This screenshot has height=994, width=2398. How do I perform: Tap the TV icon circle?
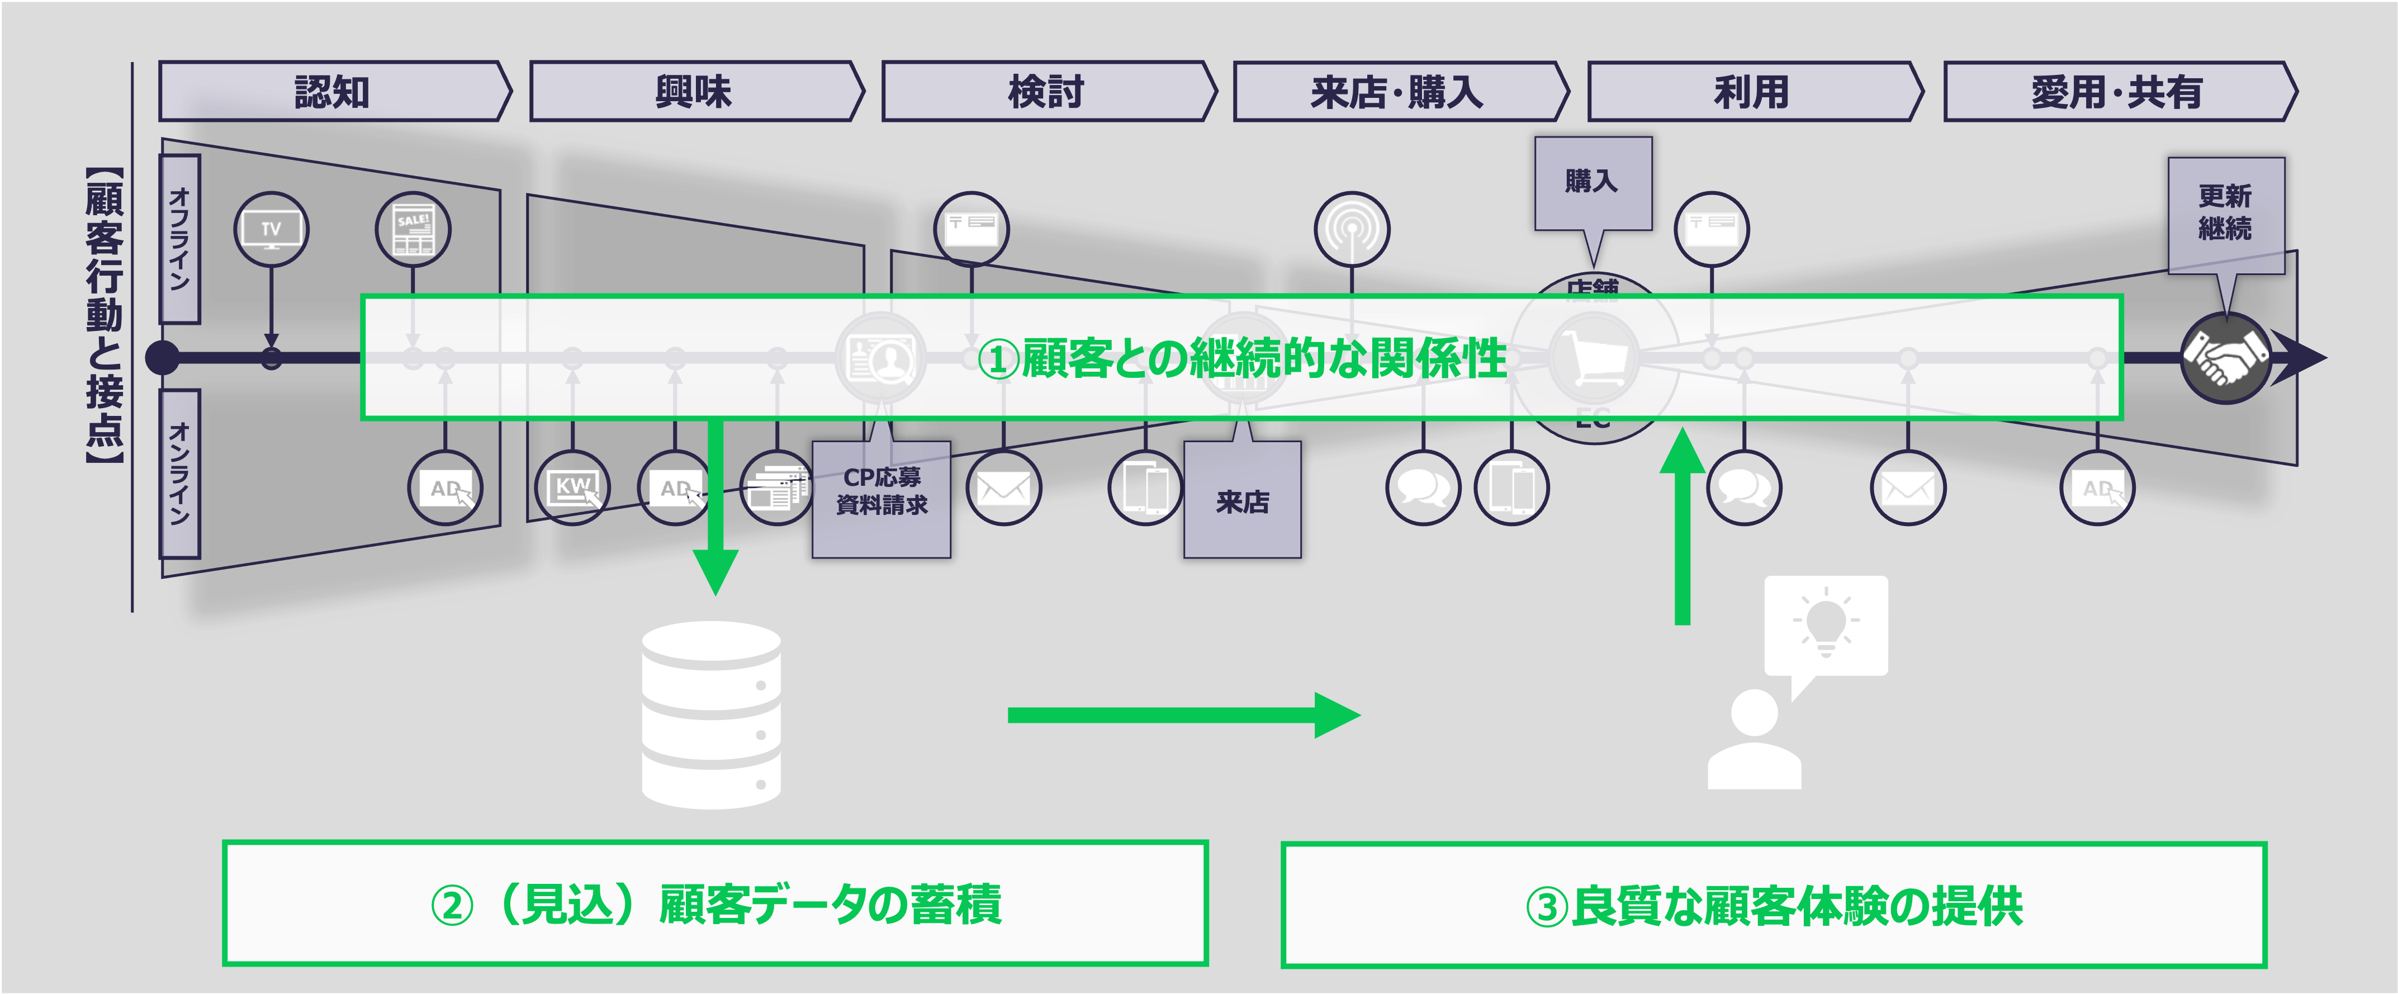pos(271,229)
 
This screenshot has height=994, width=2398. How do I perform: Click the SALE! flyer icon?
pos(413,229)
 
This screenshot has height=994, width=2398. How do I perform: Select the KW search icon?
pos(572,487)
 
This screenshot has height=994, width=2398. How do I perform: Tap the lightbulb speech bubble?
pos(1826,626)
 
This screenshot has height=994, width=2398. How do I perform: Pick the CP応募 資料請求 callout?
pos(882,498)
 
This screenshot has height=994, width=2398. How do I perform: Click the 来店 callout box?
pos(1243,501)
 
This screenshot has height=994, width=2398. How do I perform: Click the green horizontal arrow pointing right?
pos(1182,715)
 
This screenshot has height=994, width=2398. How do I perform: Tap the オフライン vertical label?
pos(179,239)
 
